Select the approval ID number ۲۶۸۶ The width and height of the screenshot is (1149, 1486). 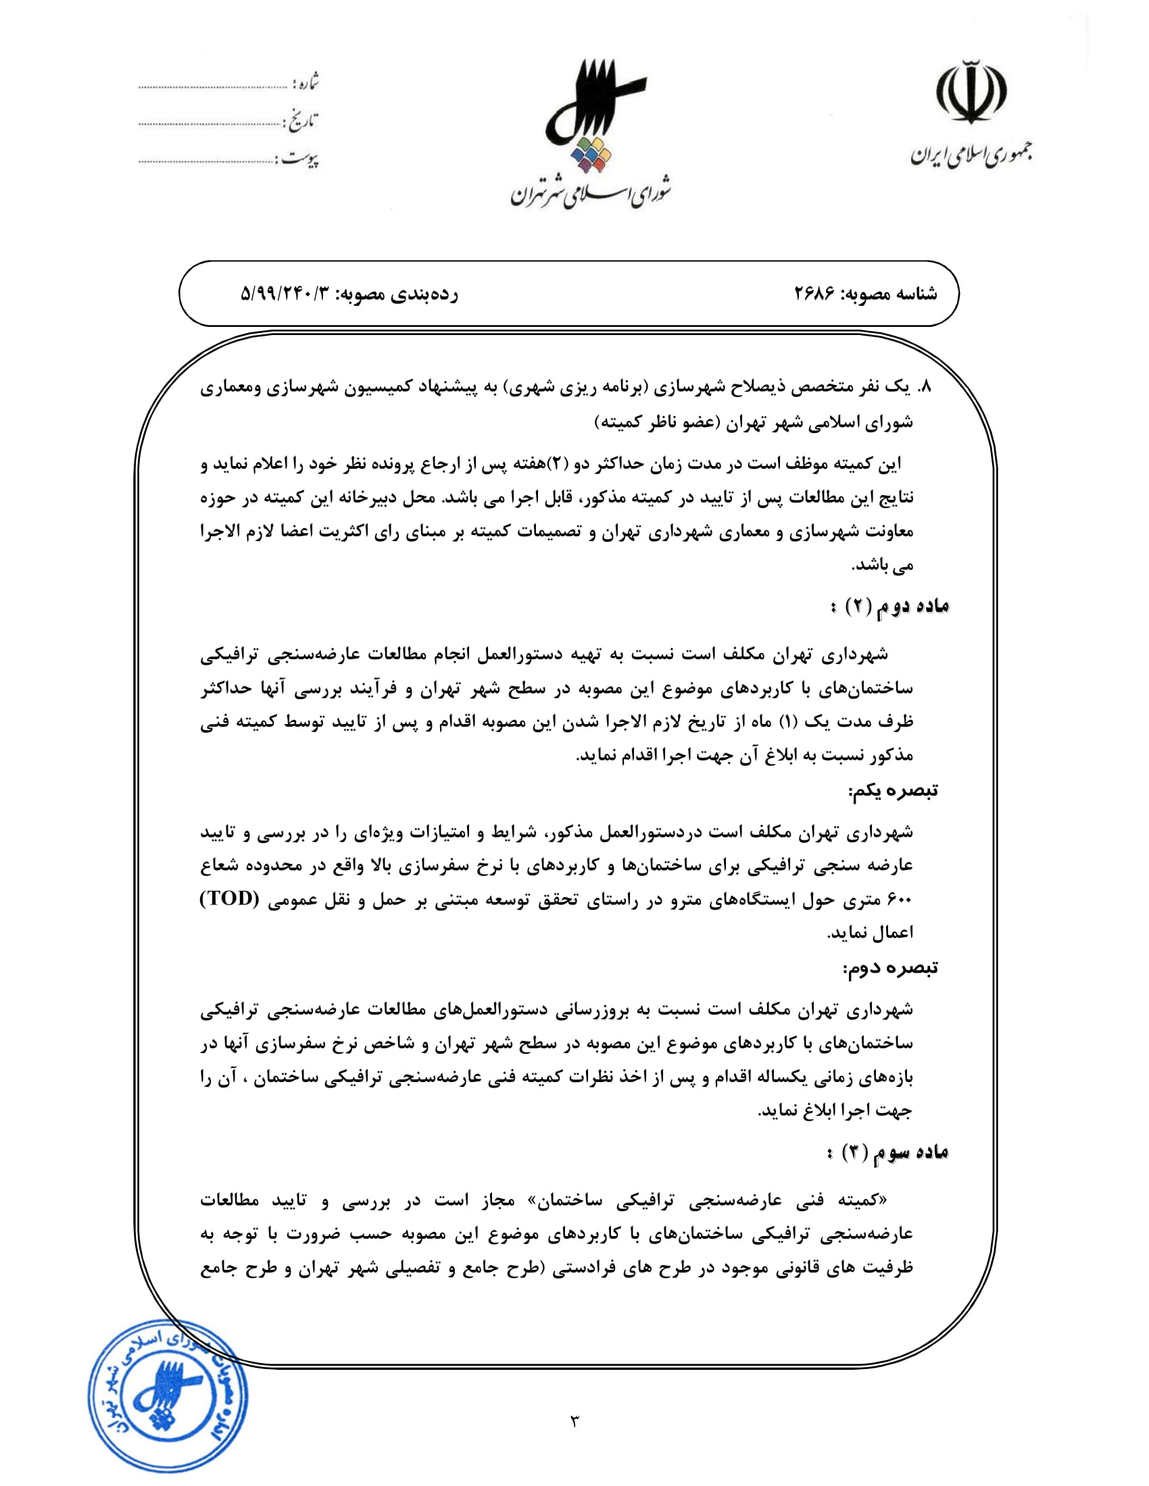coord(815,294)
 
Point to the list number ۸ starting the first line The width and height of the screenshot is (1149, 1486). coord(924,387)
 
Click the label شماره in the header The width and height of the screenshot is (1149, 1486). coord(305,84)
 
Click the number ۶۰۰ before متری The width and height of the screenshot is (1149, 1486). coord(899,900)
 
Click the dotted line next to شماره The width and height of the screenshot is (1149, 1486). coord(212,87)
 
